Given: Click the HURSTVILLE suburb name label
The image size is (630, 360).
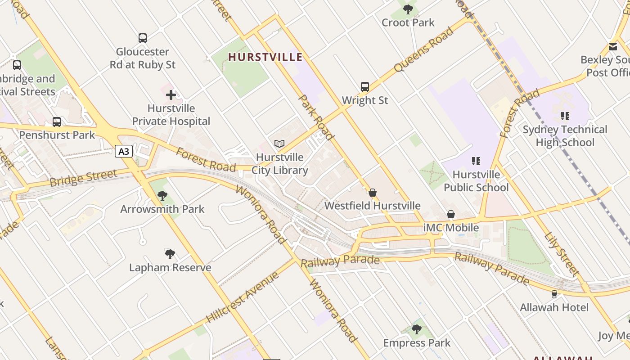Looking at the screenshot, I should click(265, 57).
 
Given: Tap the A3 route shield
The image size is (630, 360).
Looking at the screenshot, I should click(124, 151).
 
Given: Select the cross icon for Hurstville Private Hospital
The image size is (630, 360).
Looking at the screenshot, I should click(171, 95).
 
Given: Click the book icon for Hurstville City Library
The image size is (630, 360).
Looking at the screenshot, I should click(279, 144).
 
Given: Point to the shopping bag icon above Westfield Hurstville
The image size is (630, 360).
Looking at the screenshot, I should click(373, 193).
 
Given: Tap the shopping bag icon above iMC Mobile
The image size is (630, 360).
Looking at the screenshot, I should click(451, 215).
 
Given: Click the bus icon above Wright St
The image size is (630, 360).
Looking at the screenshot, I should click(365, 86).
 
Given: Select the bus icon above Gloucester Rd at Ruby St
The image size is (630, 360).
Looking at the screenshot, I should click(143, 38).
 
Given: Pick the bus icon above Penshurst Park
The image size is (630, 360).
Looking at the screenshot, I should click(57, 121).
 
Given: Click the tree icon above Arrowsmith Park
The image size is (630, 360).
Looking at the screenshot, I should click(162, 196).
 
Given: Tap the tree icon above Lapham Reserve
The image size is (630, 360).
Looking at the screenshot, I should click(170, 254).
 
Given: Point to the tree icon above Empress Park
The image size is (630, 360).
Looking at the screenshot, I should click(417, 329).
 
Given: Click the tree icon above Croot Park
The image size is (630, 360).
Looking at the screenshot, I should click(408, 9).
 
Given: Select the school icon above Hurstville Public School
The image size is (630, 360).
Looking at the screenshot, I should click(476, 161).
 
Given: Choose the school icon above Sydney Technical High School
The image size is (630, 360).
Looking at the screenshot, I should click(565, 116).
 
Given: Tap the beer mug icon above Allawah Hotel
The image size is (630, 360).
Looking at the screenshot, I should click(554, 294).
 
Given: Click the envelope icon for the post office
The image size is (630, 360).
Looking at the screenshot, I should click(613, 46).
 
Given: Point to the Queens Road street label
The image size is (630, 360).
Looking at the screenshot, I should click(423, 49).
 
